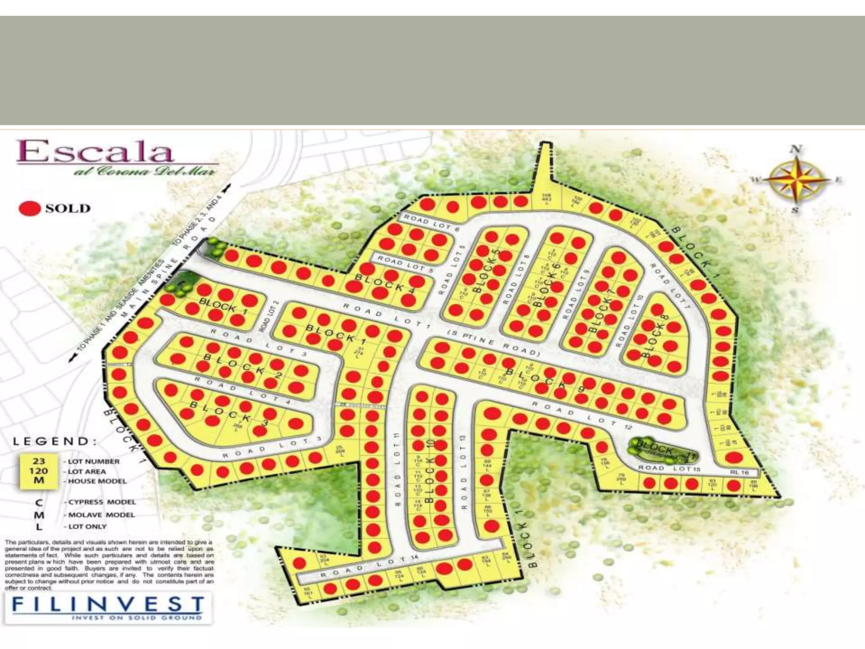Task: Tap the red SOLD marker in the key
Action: (30, 208)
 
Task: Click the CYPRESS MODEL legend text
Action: (102, 502)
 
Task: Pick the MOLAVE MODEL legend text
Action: (101, 515)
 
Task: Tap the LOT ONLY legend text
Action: (87, 526)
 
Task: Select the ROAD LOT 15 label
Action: (669, 468)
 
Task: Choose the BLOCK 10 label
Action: (430, 471)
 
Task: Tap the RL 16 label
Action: (739, 472)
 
